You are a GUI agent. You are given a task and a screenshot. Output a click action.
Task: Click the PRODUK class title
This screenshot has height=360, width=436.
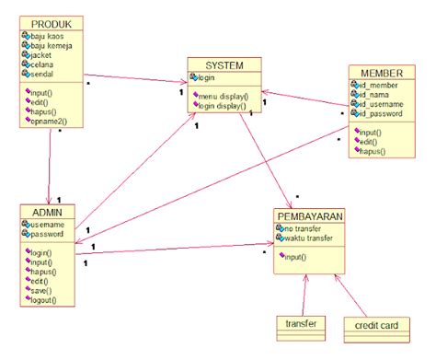(x=51, y=22)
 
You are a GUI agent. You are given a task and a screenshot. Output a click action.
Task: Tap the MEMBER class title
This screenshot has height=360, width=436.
(x=376, y=73)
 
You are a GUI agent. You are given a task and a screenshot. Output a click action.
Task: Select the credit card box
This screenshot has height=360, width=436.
(x=375, y=324)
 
